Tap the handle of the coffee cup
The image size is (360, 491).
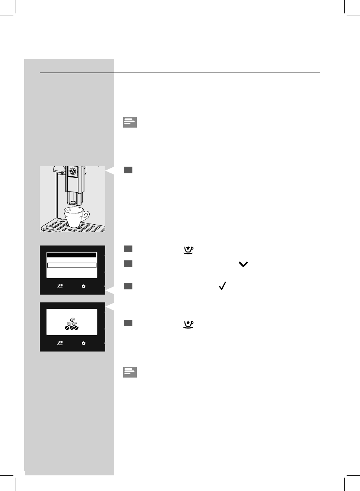(x=86, y=216)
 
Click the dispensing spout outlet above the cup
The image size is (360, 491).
(x=74, y=202)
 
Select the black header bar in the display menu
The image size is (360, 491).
(x=72, y=255)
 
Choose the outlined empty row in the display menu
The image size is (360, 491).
(x=72, y=265)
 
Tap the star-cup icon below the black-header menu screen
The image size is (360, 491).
(x=60, y=286)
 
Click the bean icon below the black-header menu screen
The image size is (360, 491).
(x=84, y=286)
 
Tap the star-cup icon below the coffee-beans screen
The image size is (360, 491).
(x=60, y=343)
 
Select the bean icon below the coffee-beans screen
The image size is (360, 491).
(x=84, y=343)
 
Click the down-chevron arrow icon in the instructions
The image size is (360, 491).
(x=243, y=264)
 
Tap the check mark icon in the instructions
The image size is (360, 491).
(x=223, y=286)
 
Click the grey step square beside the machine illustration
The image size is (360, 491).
(x=128, y=170)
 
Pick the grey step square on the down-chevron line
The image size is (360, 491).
(x=128, y=264)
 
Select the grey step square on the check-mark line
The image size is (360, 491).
(x=128, y=286)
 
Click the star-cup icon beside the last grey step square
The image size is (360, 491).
(x=189, y=324)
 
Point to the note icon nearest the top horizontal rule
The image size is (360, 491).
(x=130, y=122)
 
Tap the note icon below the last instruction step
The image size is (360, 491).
(x=130, y=372)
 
